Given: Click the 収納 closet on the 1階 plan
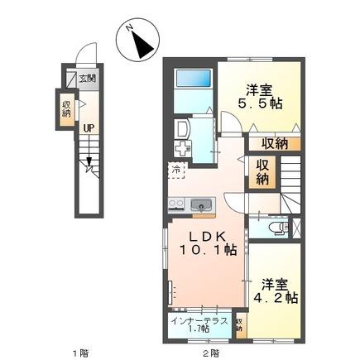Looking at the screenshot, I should pos(67,108).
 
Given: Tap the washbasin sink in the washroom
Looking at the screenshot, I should pos(183,128).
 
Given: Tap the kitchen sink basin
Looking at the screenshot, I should pos(199,204).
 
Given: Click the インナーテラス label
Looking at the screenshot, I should pos(199,319).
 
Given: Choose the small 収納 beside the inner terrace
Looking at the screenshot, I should pos(239,324).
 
